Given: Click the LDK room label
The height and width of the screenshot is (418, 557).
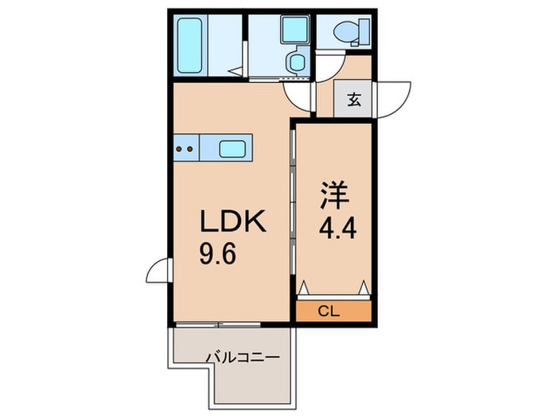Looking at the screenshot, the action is pyautogui.click(x=233, y=221).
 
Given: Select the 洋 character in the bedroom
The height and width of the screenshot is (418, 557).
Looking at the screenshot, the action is pyautogui.click(x=334, y=195).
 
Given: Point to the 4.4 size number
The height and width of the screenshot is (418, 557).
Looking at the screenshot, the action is pyautogui.click(x=337, y=229).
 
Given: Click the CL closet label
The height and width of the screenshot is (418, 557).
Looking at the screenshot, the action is pyautogui.click(x=329, y=312).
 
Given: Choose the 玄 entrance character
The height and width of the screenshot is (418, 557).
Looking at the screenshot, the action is pyautogui.click(x=354, y=100).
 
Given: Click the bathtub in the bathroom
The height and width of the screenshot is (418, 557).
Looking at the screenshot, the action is pyautogui.click(x=189, y=45).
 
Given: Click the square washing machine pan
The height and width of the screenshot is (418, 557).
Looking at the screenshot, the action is pyautogui.click(x=294, y=29).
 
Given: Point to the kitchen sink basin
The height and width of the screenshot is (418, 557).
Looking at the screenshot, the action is pyautogui.click(x=232, y=149).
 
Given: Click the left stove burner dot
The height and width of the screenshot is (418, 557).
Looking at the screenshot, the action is pyautogui.click(x=179, y=149).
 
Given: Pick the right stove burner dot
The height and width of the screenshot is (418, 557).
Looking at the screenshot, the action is pyautogui.click(x=190, y=149).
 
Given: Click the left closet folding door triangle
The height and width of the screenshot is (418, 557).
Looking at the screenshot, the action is pyautogui.click(x=304, y=287).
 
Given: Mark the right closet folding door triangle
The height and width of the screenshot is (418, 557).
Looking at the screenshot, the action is pyautogui.click(x=364, y=287).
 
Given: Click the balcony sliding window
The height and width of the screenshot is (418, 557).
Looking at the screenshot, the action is pyautogui.click(x=218, y=325).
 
